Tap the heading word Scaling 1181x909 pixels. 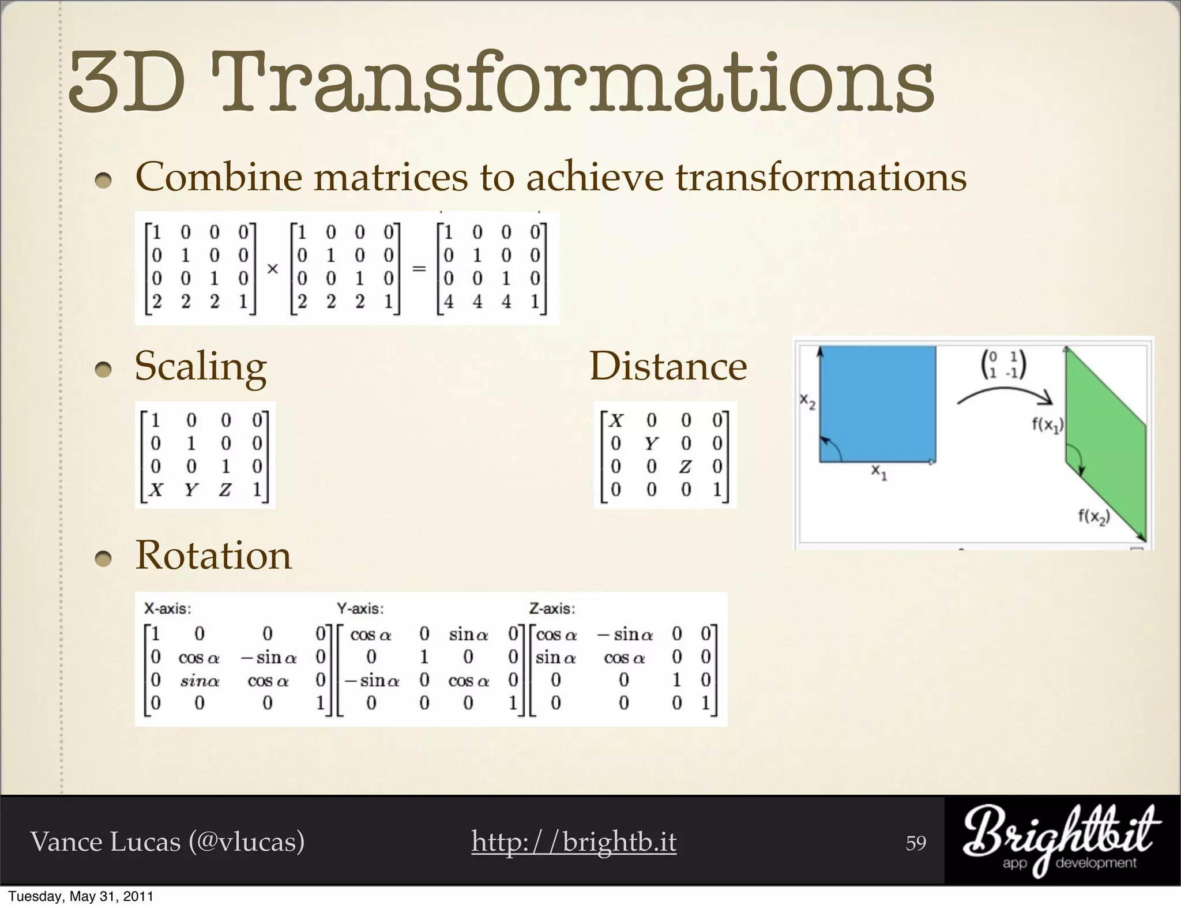(x=201, y=367)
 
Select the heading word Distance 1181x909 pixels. (x=668, y=367)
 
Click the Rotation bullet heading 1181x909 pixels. (x=213, y=555)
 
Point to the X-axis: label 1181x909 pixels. (x=167, y=608)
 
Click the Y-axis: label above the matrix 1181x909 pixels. (x=360, y=608)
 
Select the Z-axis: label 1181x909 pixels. (x=552, y=608)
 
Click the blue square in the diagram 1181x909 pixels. (x=877, y=404)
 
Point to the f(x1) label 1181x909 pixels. (x=1047, y=426)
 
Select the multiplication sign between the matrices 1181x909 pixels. (x=273, y=269)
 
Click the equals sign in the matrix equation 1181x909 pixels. (x=419, y=269)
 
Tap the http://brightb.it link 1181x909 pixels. (x=573, y=842)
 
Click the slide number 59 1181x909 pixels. (x=916, y=843)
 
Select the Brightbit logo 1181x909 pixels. (x=1061, y=840)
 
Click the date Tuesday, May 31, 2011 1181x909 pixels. (x=80, y=896)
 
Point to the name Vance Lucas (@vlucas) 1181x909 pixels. (x=167, y=842)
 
